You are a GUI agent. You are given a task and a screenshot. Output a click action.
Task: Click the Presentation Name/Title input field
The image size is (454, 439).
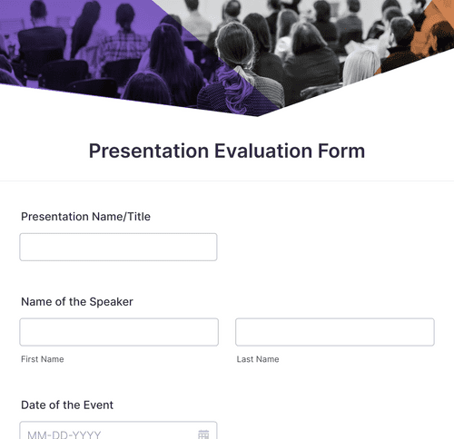tap(118, 247)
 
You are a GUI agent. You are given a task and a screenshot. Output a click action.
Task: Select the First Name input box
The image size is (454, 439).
tap(118, 332)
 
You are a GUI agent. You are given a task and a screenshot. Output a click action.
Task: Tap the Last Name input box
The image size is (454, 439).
tap(334, 332)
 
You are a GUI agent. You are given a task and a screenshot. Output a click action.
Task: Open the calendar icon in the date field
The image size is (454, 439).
tap(203, 434)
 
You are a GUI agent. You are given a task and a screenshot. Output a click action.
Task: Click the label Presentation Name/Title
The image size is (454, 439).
tap(85, 217)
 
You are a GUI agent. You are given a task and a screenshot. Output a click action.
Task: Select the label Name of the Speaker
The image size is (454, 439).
tap(76, 302)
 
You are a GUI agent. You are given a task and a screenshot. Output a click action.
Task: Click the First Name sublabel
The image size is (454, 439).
tap(42, 359)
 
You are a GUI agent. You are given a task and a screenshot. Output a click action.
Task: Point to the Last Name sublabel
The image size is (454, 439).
tap(257, 359)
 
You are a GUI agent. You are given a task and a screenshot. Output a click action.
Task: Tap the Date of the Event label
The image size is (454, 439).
tap(66, 405)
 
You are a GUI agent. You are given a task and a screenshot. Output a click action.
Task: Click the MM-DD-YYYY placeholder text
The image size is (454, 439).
tap(64, 434)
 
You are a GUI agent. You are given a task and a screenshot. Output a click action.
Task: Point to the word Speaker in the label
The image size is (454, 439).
tap(111, 302)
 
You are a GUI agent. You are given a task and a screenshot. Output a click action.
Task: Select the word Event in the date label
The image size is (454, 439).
tap(97, 405)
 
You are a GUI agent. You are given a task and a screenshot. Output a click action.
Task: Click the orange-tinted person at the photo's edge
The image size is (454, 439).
tap(434, 32)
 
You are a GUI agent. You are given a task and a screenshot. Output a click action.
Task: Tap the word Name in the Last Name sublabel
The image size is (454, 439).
tap(267, 359)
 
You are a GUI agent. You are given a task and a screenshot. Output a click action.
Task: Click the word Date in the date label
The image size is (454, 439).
tap(34, 405)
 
